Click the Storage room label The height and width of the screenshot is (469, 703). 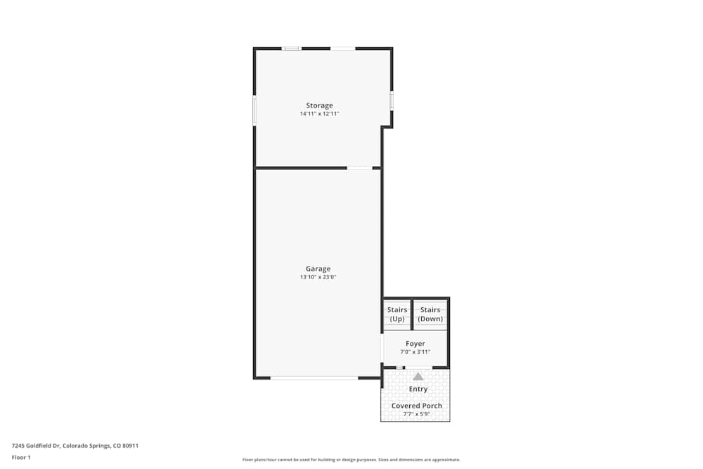click(319, 105)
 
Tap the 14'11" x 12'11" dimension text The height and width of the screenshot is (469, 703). click(319, 114)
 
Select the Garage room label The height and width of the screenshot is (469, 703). click(318, 269)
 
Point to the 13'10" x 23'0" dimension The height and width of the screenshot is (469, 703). click(318, 277)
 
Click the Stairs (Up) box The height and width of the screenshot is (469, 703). click(397, 314)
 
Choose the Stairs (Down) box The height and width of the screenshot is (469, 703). click(430, 314)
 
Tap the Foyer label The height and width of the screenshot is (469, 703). click(415, 344)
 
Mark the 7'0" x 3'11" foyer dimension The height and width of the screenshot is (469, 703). click(415, 352)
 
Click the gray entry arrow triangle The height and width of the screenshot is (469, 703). click(418, 376)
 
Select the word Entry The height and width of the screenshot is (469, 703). click(418, 389)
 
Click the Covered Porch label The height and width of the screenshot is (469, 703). click(417, 406)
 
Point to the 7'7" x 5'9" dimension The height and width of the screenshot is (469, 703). click(417, 414)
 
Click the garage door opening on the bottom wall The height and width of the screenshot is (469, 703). click(314, 378)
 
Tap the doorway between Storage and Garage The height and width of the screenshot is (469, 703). click(360, 168)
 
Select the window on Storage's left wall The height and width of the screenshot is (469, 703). click(254, 110)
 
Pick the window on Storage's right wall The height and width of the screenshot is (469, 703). click(392, 101)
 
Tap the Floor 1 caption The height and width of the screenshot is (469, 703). click(21, 457)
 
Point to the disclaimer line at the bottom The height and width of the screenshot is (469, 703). click(351, 459)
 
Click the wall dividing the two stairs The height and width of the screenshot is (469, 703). click(412, 314)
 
